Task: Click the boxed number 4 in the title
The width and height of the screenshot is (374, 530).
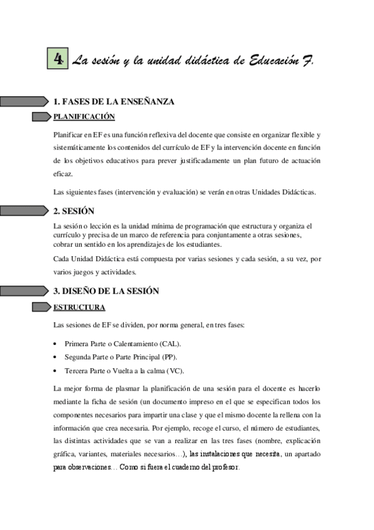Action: click(x=58, y=60)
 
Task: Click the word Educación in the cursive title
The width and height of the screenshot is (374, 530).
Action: click(x=275, y=61)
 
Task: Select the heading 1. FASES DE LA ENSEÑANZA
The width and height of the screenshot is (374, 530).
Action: click(x=114, y=101)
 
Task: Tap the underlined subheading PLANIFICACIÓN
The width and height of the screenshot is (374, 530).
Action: click(x=84, y=116)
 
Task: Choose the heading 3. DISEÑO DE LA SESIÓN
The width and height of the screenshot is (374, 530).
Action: click(x=106, y=291)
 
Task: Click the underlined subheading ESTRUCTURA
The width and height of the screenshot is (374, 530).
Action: click(x=79, y=307)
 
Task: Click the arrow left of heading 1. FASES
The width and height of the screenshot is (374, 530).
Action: click(x=25, y=101)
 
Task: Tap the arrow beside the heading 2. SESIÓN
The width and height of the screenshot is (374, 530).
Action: click(x=25, y=211)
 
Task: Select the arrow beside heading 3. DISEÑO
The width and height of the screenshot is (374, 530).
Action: click(x=25, y=291)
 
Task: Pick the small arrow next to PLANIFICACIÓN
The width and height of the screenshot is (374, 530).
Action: click(x=42, y=117)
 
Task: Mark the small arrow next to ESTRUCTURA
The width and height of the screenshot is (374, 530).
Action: click(x=42, y=307)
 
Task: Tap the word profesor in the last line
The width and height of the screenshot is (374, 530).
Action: click(x=225, y=467)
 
